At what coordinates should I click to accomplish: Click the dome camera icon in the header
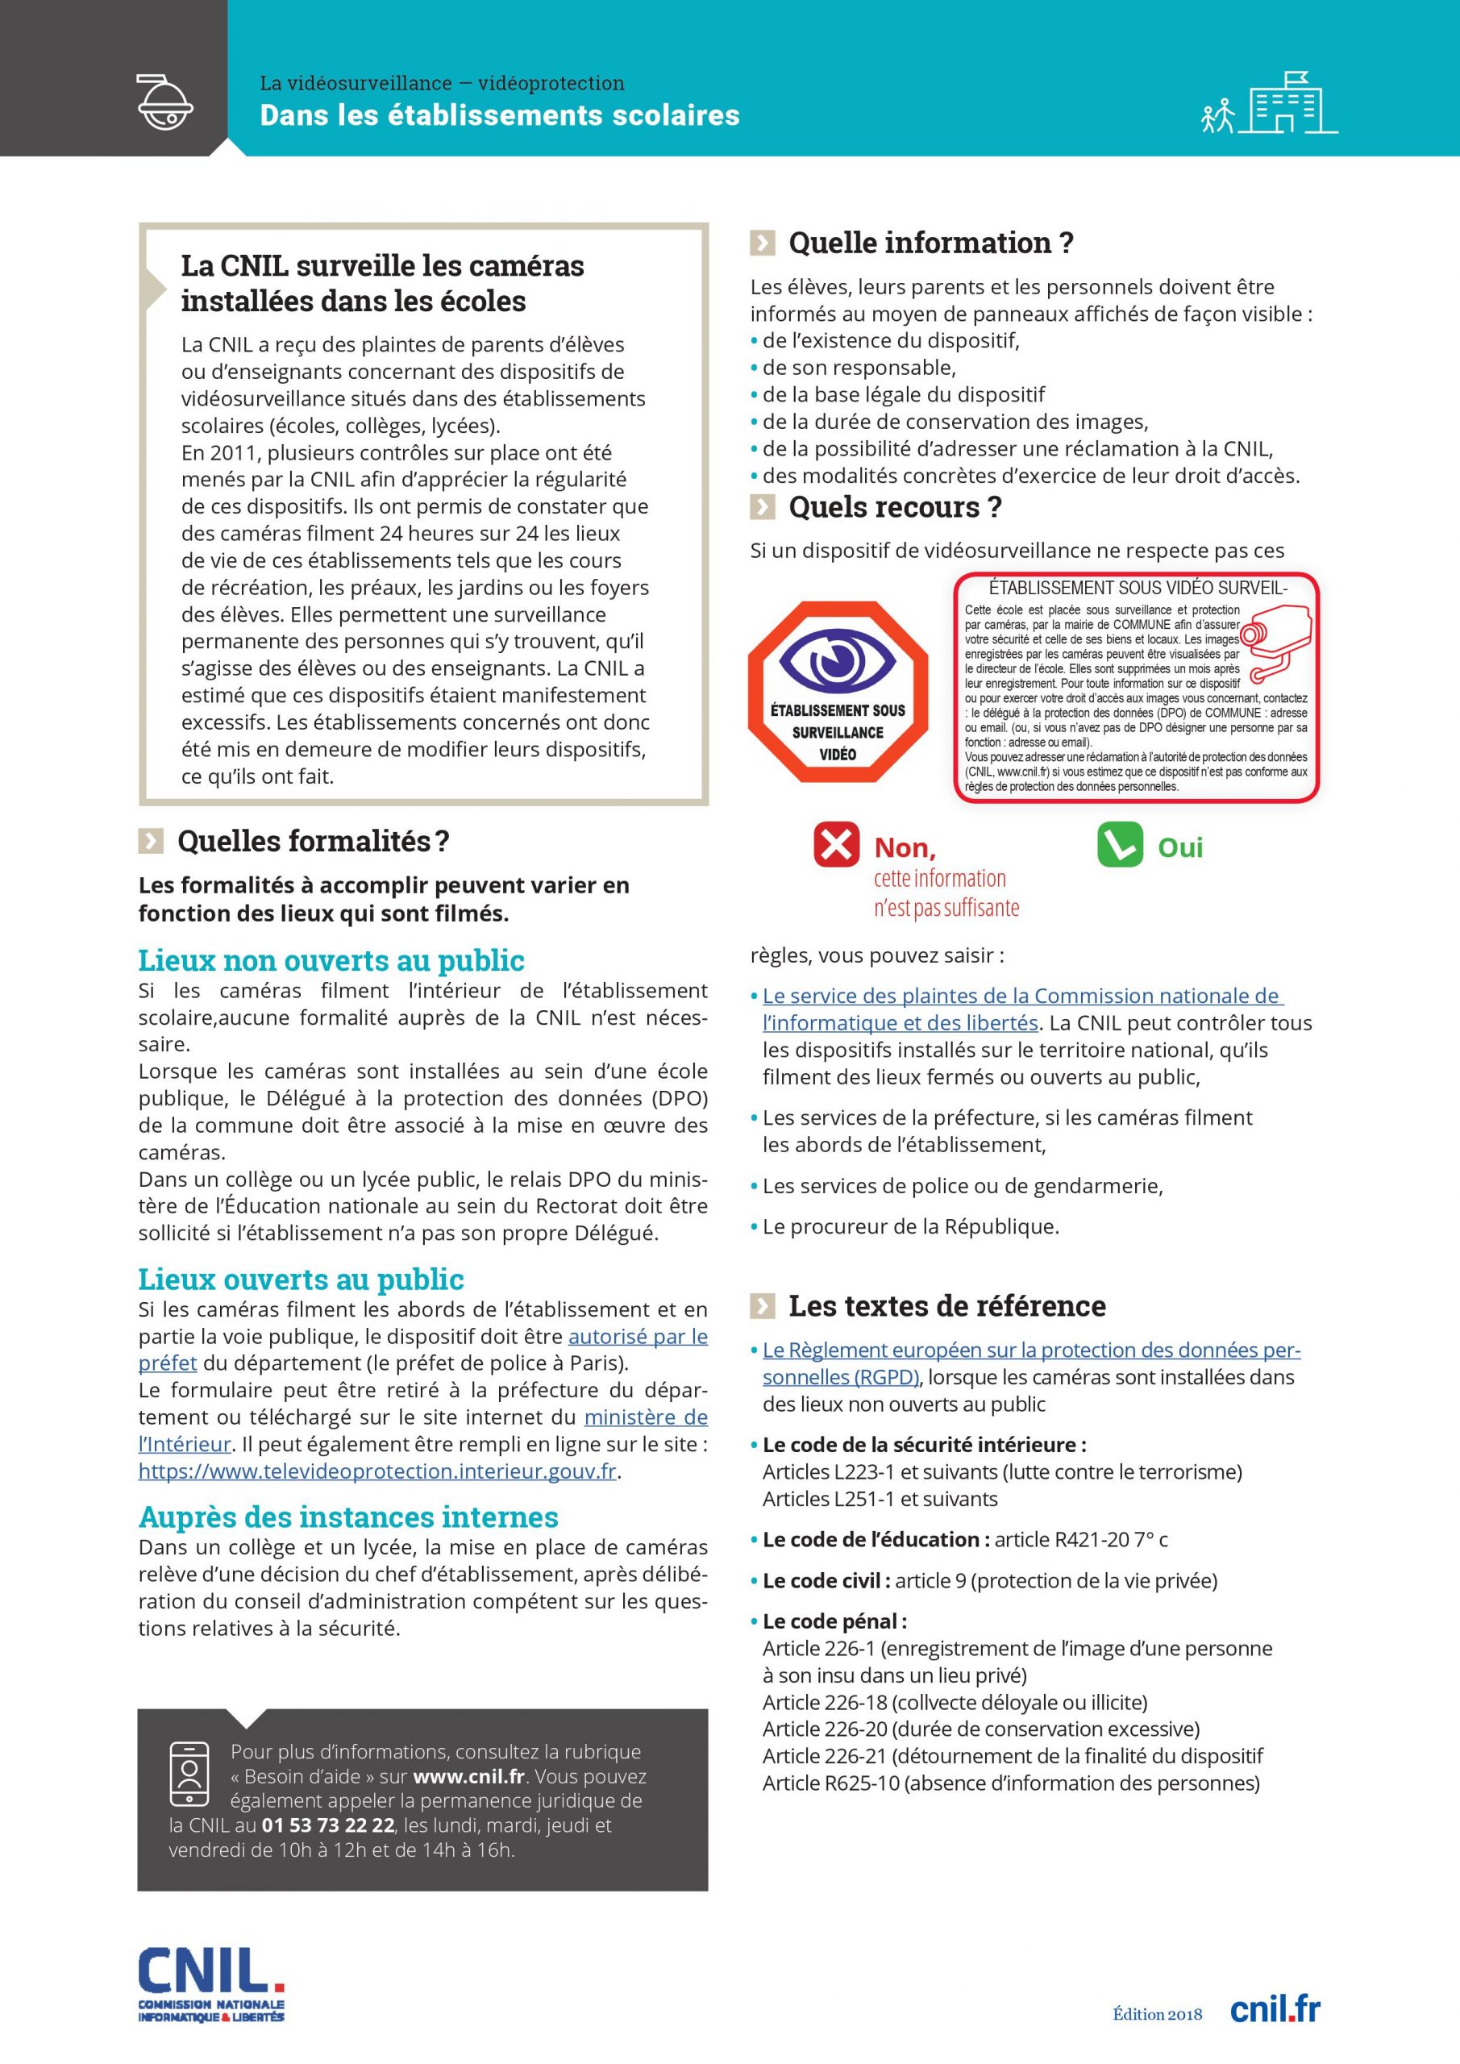164,101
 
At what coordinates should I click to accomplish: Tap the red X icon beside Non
836,844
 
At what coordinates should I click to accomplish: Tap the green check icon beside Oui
1119,844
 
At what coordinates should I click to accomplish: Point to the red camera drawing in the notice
1278,639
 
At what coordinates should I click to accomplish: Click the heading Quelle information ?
930,243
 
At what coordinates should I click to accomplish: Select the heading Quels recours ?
895,507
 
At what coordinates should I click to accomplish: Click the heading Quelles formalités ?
313,841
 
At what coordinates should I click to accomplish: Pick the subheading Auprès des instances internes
348,1517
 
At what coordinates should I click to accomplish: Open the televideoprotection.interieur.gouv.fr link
377,1471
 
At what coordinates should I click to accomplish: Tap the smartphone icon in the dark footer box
189,1775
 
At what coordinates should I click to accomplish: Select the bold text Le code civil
826,1579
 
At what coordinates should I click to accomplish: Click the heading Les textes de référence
946,1305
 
